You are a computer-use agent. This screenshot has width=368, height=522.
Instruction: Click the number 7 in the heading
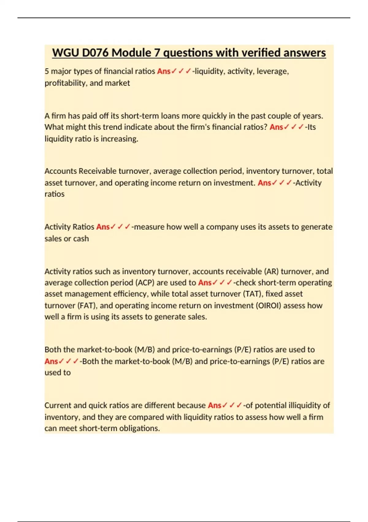click(157, 53)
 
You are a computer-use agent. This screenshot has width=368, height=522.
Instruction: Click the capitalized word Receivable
click(98, 171)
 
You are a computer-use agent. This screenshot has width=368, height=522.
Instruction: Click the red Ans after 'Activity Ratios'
click(103, 227)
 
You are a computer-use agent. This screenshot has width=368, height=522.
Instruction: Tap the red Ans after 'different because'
click(214, 405)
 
